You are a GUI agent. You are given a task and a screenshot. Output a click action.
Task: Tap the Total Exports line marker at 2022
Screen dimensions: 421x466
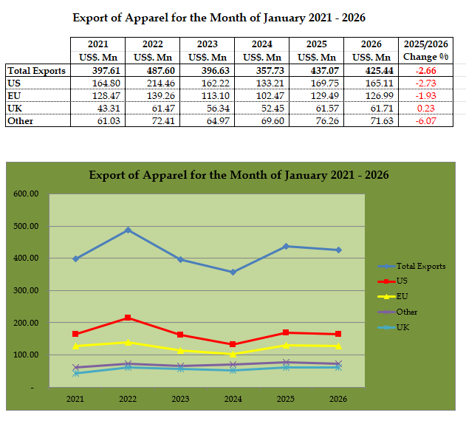[128, 230]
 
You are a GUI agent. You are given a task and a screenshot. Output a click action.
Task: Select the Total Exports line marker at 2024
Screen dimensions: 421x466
[233, 272]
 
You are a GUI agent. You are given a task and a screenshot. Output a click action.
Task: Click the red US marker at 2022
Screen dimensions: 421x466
[128, 318]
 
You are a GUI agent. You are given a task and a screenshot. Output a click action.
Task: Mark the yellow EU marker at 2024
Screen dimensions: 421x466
[233, 354]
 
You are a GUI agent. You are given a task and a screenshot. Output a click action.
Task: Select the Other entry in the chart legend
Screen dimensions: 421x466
[406, 312]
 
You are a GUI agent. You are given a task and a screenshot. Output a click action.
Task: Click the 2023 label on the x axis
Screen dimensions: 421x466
[180, 399]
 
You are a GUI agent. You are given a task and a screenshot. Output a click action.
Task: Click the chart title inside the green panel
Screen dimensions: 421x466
[239, 175]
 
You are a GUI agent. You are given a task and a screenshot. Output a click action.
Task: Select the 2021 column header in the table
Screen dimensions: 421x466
[97, 50]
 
